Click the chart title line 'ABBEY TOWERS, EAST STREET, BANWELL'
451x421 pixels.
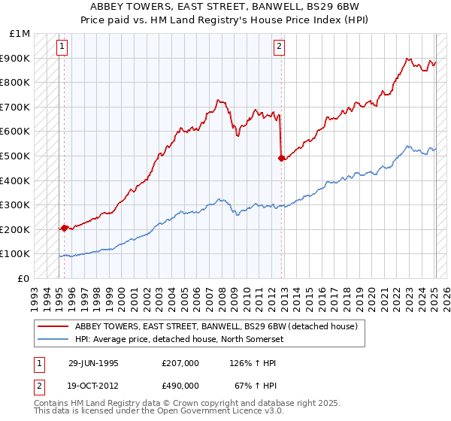coord(225,7)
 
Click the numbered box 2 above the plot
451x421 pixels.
coord(279,47)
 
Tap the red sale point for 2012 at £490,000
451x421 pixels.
coord(281,158)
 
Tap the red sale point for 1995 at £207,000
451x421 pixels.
coord(64,228)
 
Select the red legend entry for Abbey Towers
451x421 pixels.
coord(220,326)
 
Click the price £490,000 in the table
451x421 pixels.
coord(180,385)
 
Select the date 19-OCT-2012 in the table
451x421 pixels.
coord(93,385)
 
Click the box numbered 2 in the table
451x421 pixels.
coord(38,385)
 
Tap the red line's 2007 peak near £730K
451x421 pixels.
coord(218,99)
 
